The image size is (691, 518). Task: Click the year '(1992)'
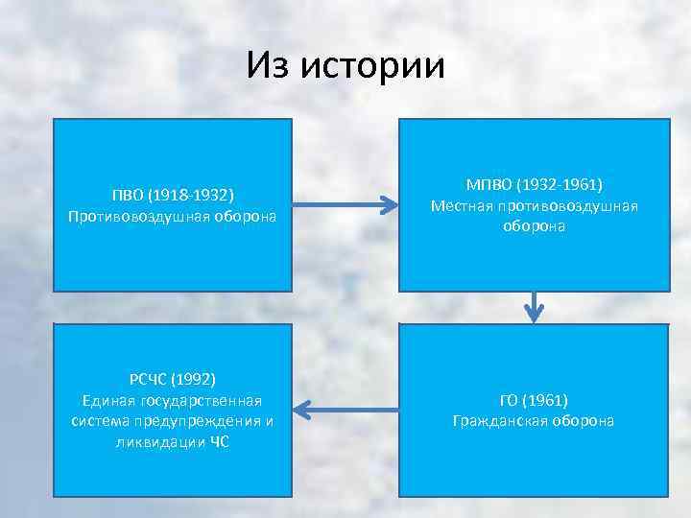coord(196,379)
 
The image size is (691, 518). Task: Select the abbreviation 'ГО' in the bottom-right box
coord(512,400)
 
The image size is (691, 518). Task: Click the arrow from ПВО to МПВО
coord(345,203)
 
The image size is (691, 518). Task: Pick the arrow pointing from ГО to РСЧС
coord(345,410)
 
